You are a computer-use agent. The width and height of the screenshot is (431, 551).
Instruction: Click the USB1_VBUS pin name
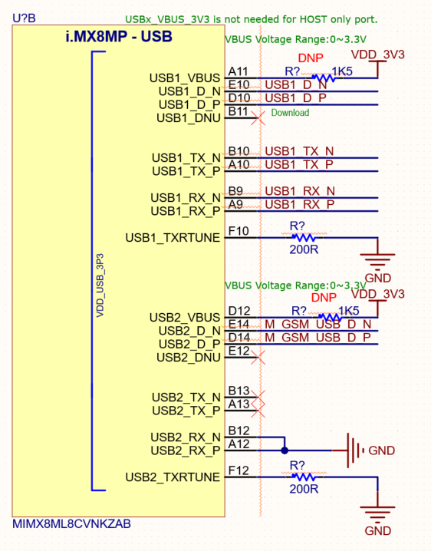pyautogui.click(x=185, y=78)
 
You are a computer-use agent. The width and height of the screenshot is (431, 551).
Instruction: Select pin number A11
pyautogui.click(x=238, y=71)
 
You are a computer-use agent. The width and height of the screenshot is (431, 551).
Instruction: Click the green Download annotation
pyautogui.click(x=290, y=113)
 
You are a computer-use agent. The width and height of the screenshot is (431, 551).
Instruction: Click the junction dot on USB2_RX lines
pyautogui.click(x=285, y=450)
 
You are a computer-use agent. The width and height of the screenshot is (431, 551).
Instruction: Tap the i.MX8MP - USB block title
pyautogui.click(x=118, y=36)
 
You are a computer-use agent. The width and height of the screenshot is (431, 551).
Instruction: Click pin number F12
pyautogui.click(x=239, y=470)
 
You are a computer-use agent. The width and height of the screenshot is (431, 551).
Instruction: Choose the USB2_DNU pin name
pyautogui.click(x=188, y=358)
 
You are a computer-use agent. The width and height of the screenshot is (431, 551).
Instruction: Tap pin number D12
pyautogui.click(x=239, y=310)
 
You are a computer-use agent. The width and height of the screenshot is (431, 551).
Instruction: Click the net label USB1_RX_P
pyautogui.click(x=299, y=204)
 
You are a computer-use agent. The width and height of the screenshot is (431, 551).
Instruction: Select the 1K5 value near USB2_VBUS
pyautogui.click(x=349, y=310)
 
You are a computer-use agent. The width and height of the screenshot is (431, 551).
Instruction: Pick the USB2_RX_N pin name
pyautogui.click(x=186, y=437)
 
